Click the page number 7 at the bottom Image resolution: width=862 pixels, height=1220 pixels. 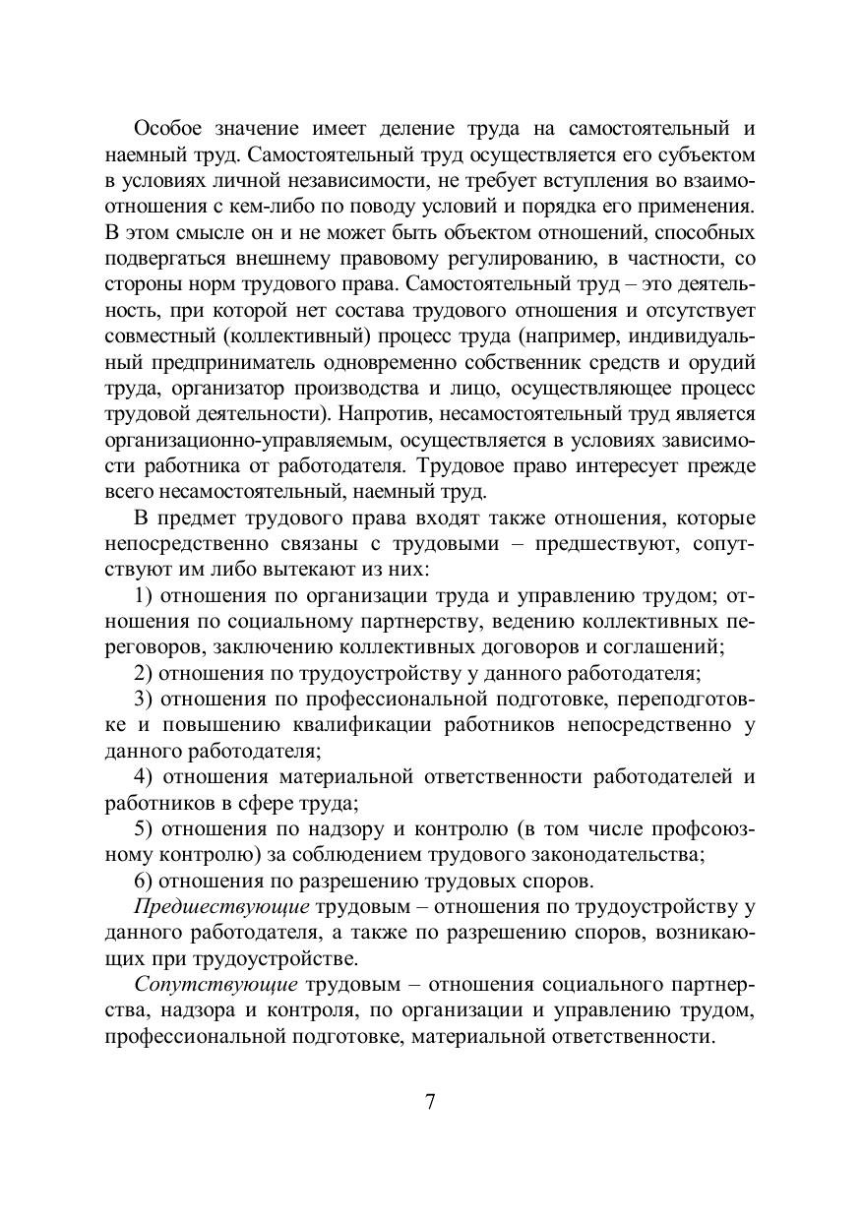[430, 1101]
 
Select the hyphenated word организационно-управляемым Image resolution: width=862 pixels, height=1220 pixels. [228, 438]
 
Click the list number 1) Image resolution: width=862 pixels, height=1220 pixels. [144, 595]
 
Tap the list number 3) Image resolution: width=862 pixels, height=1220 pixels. [144, 699]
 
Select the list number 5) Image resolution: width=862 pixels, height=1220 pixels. [144, 828]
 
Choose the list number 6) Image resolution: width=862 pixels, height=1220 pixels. [144, 880]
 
